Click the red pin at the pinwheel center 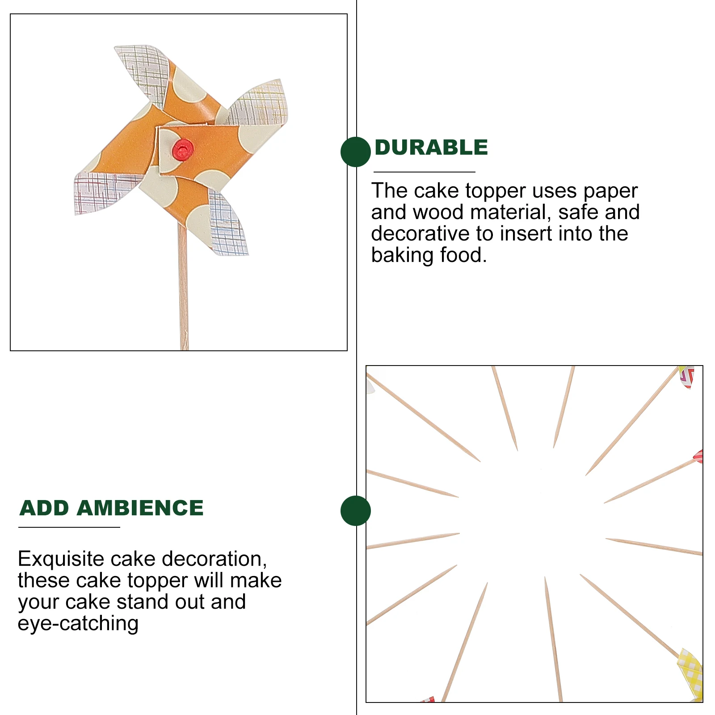pyautogui.click(x=182, y=149)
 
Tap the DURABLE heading pyautogui.click(x=431, y=148)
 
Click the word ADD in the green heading pyautogui.click(x=44, y=508)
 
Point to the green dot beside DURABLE pyautogui.click(x=355, y=152)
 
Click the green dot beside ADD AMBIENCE pyautogui.click(x=355, y=510)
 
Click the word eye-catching pyautogui.click(x=78, y=623)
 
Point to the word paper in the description pyautogui.click(x=610, y=191)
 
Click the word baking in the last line pyautogui.click(x=402, y=255)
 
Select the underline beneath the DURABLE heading pyautogui.click(x=424, y=172)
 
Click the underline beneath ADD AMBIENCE pyautogui.click(x=69, y=527)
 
